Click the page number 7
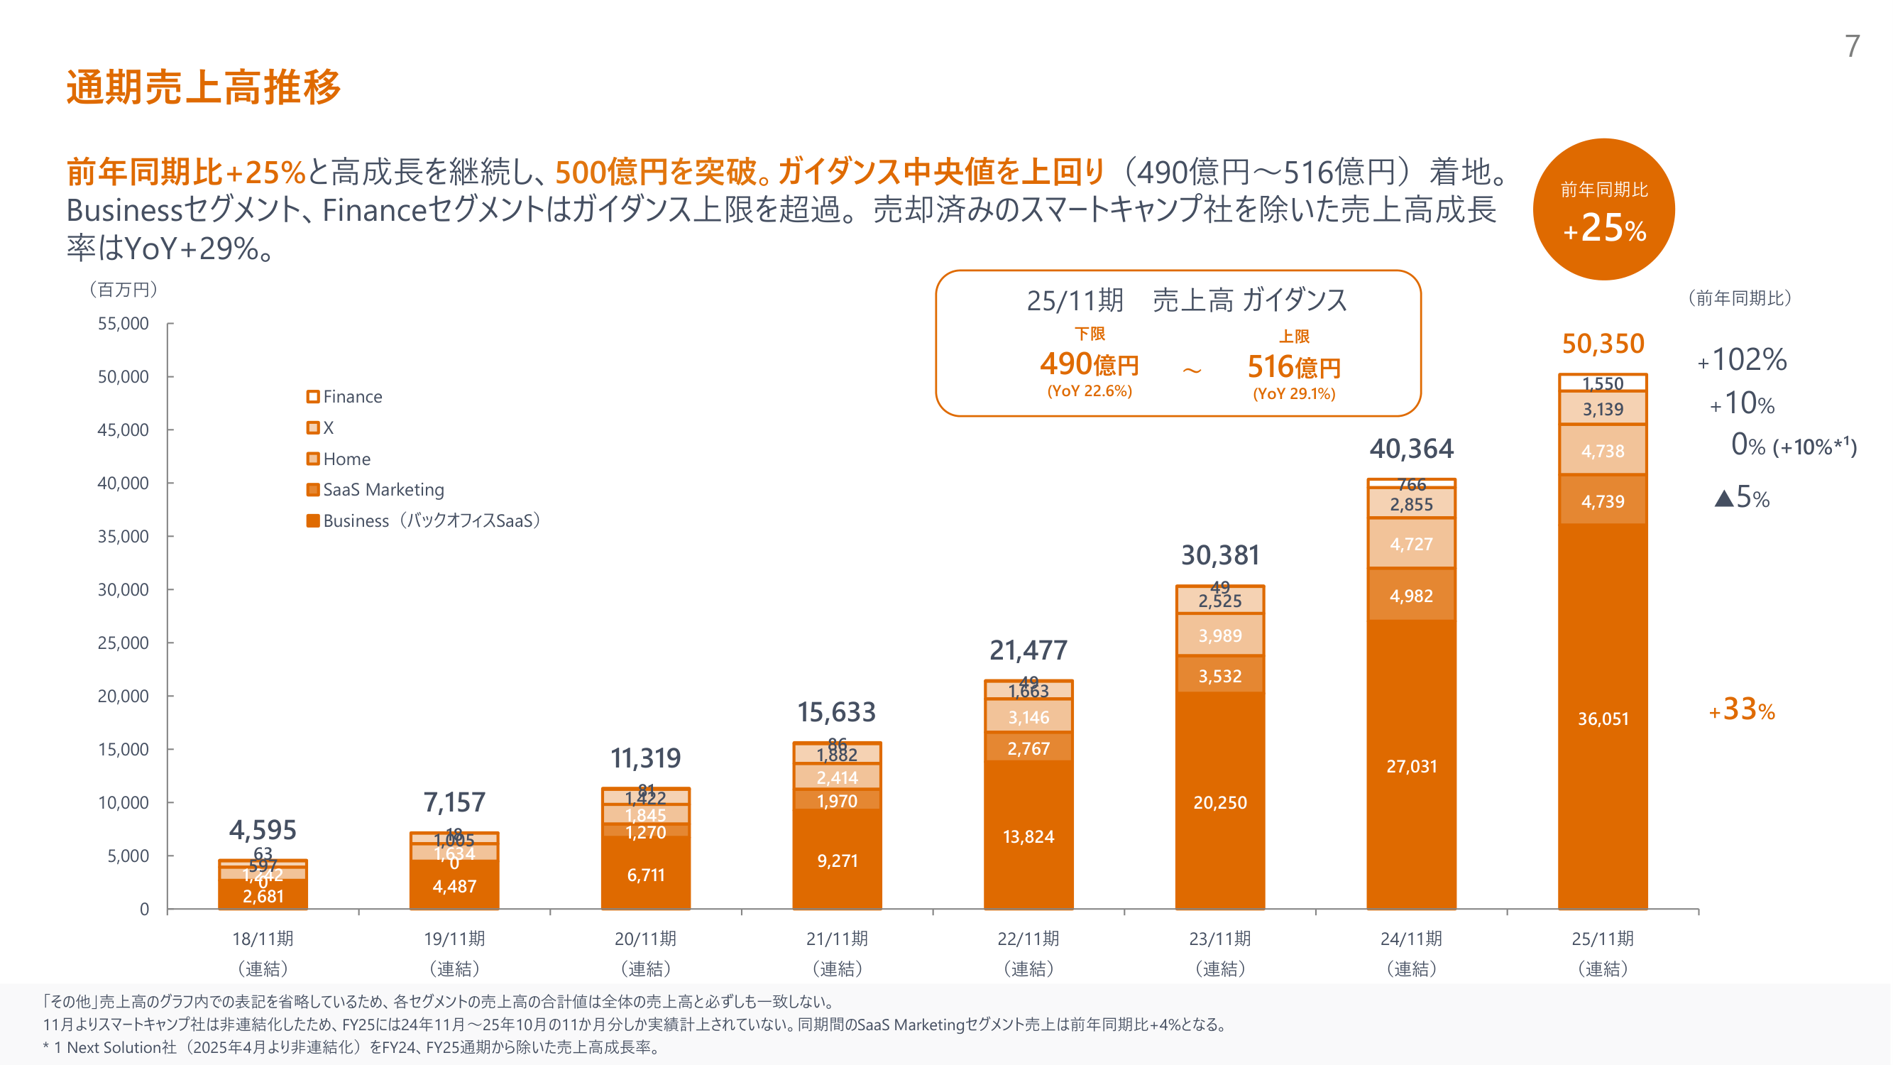click(x=1852, y=46)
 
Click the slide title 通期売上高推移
click(x=204, y=87)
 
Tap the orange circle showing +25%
click(x=1603, y=209)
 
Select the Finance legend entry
click(x=345, y=397)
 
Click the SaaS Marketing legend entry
click(x=375, y=489)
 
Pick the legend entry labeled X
click(x=320, y=427)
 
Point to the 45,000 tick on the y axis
click(x=123, y=430)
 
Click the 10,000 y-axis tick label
click(x=123, y=802)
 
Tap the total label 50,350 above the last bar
click(x=1603, y=344)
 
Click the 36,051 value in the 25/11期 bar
click(x=1603, y=719)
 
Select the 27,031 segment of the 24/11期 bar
click(x=1411, y=767)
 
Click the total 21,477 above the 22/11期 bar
click(x=1028, y=650)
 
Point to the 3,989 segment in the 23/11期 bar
click(x=1220, y=635)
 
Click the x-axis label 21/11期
click(x=837, y=939)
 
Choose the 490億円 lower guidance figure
click(x=1089, y=364)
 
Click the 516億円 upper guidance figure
click(x=1293, y=367)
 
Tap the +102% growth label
click(x=1742, y=360)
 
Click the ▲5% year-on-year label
click(x=1742, y=498)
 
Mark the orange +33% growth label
click(x=1742, y=710)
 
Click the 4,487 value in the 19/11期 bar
click(x=454, y=886)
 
